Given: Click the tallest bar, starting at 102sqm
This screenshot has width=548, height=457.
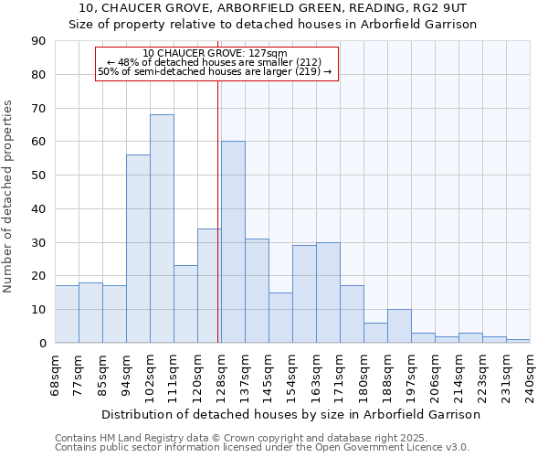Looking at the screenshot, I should click(162, 228).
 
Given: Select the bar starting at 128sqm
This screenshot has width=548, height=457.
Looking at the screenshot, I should click(233, 242).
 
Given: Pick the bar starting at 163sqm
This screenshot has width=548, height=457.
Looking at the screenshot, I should click(328, 292).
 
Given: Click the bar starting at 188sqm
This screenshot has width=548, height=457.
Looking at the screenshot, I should click(399, 326).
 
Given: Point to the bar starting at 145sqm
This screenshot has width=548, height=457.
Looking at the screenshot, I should click(280, 318).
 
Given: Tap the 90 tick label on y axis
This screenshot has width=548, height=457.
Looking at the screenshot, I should click(38, 41).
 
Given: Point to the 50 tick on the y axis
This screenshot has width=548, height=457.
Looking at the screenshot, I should click(38, 175).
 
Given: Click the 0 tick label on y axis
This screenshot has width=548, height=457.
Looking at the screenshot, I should click(42, 343).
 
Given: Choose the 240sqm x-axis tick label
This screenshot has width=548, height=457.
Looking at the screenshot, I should click(530, 375).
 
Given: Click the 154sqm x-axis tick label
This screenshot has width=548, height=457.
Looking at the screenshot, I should click(292, 375).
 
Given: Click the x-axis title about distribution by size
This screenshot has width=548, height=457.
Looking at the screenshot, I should click(290, 414).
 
